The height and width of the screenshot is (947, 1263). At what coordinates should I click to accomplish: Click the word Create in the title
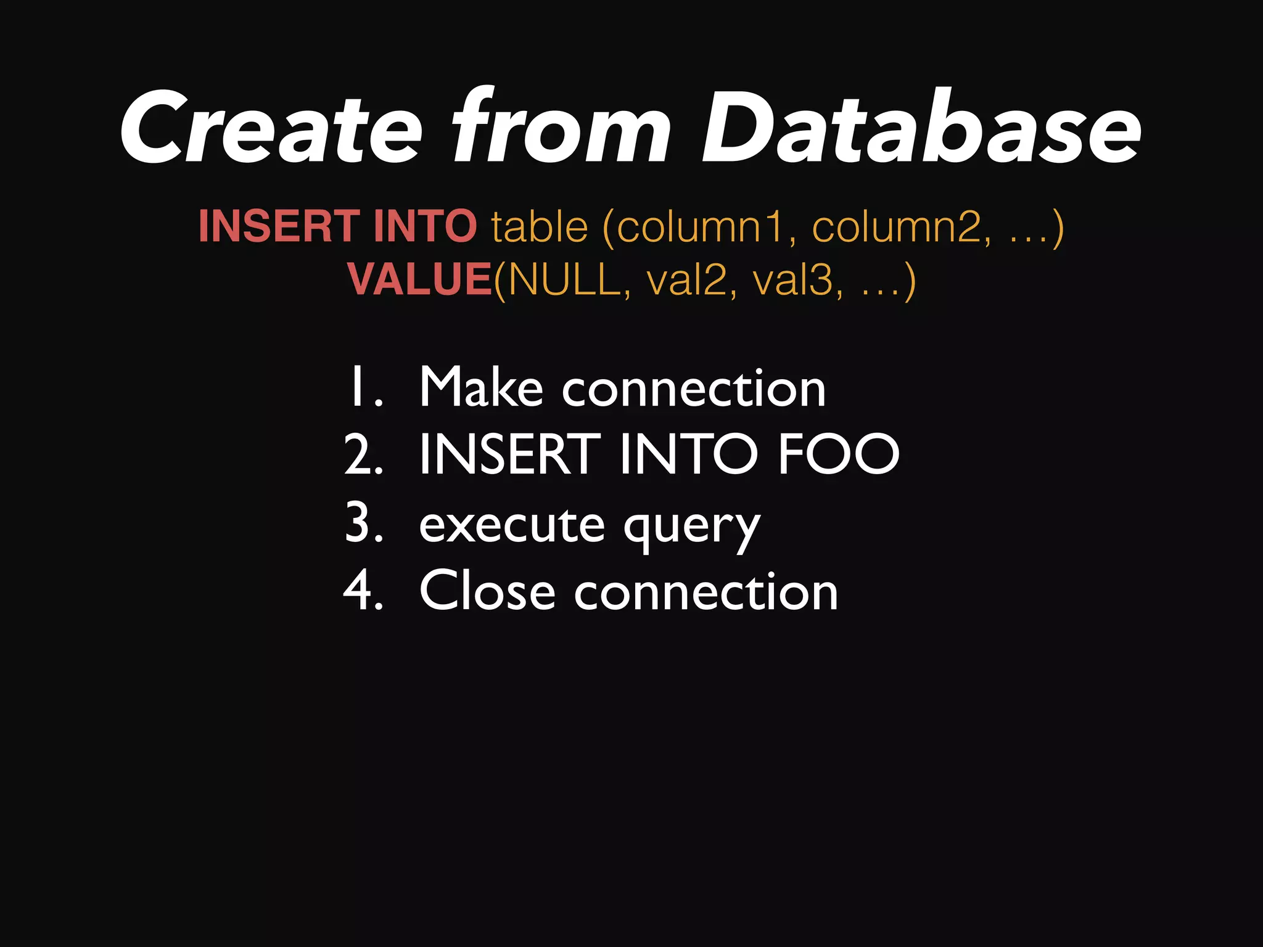[271, 128]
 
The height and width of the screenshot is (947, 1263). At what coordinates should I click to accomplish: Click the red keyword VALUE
[419, 279]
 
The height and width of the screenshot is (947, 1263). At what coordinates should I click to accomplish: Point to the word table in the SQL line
[540, 227]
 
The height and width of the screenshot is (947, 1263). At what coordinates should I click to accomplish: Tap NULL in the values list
[564, 279]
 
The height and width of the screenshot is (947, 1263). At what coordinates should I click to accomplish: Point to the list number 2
[364, 454]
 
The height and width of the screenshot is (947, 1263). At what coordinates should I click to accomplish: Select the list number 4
[364, 591]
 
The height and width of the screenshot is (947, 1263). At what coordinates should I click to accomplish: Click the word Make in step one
[481, 387]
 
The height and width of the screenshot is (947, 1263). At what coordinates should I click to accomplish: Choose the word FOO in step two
[839, 454]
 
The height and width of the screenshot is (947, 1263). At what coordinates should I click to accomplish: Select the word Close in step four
[487, 591]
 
